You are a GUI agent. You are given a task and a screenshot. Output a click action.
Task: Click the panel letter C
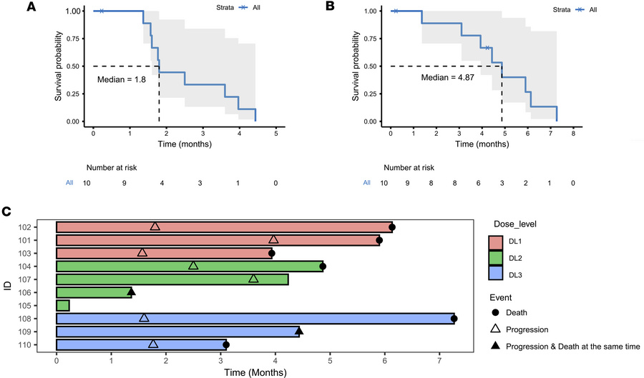(x=6, y=212)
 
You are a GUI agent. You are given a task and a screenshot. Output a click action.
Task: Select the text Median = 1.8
(x=122, y=79)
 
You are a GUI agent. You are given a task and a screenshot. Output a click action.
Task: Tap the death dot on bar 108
(x=454, y=319)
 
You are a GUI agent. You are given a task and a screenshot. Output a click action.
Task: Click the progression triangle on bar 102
(x=155, y=227)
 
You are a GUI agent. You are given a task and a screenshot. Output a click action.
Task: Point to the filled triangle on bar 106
(x=131, y=292)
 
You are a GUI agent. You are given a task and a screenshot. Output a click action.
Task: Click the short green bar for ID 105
(x=63, y=305)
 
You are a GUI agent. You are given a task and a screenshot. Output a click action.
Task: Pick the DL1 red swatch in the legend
(x=499, y=243)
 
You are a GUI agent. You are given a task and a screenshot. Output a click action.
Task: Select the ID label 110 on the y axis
(x=44, y=344)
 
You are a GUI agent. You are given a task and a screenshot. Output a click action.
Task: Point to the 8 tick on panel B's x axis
(x=573, y=133)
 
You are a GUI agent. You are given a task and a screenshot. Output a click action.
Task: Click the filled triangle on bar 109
(x=299, y=331)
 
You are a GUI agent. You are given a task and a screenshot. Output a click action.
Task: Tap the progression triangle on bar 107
(x=253, y=279)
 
